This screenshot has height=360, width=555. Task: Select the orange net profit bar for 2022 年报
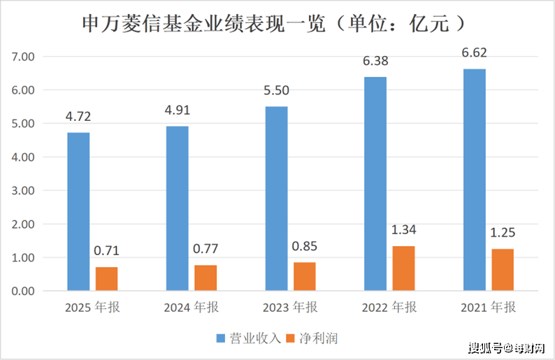click(403, 268)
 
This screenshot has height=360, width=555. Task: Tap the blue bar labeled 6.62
click(474, 179)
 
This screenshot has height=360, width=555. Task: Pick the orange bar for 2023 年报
click(305, 276)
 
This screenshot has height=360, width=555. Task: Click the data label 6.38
click(375, 61)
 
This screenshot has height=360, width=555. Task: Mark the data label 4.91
click(177, 110)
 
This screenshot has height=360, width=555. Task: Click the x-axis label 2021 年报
click(487, 308)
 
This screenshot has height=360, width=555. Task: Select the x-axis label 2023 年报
click(289, 308)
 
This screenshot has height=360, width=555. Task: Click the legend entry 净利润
click(318, 338)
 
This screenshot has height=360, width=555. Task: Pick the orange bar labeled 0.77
click(206, 278)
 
